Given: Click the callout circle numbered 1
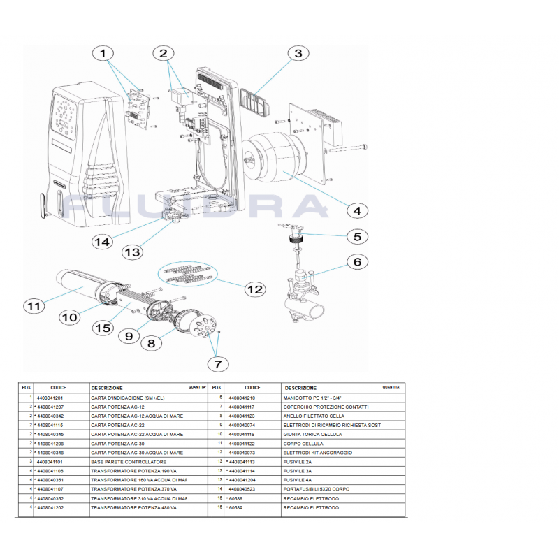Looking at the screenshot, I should (x=104, y=54).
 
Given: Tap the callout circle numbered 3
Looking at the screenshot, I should (x=298, y=54).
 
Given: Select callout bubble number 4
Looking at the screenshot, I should (x=356, y=210).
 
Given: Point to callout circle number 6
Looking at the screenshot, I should (x=356, y=262).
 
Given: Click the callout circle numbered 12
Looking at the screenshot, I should (x=254, y=289).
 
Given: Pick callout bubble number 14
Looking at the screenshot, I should (x=103, y=242).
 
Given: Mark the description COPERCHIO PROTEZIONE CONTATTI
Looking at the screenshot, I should (x=326, y=407).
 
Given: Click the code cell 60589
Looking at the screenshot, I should (x=235, y=508).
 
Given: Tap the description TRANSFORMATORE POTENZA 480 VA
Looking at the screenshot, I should (x=133, y=508).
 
